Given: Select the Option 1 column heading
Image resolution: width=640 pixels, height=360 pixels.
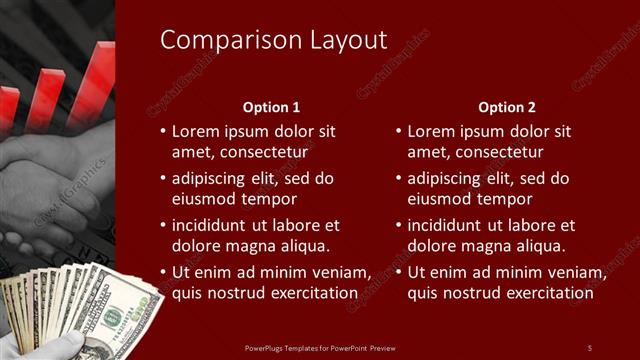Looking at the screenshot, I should click(x=271, y=107).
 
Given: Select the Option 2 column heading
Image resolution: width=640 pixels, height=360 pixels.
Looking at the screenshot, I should click(x=507, y=107).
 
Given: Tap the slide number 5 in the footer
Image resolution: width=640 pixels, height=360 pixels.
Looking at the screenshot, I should click(x=589, y=347).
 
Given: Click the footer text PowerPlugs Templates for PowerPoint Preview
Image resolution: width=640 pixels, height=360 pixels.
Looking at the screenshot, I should click(x=320, y=347).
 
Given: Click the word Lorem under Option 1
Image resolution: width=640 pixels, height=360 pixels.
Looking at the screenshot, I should click(x=196, y=131).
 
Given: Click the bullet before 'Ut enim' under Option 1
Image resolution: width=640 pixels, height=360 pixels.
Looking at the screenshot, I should click(x=162, y=273).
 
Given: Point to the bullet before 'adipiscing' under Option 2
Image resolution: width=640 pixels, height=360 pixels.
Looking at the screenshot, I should click(x=398, y=179).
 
